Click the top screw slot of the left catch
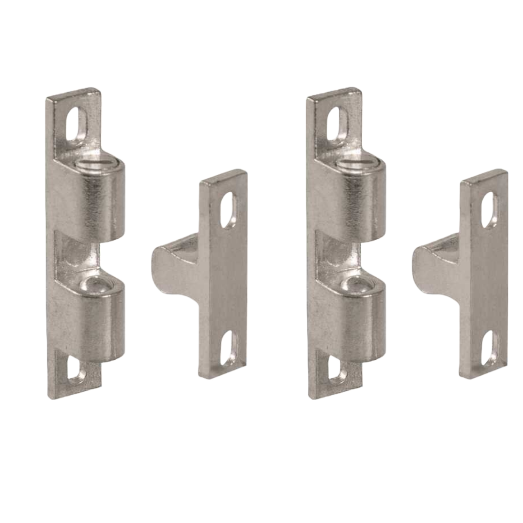pyautogui.click(x=76, y=123)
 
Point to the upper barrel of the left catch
pyautogui.click(x=97, y=203)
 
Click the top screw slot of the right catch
pyautogui.click(x=337, y=123)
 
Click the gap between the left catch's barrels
pyautogui.click(x=80, y=254)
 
